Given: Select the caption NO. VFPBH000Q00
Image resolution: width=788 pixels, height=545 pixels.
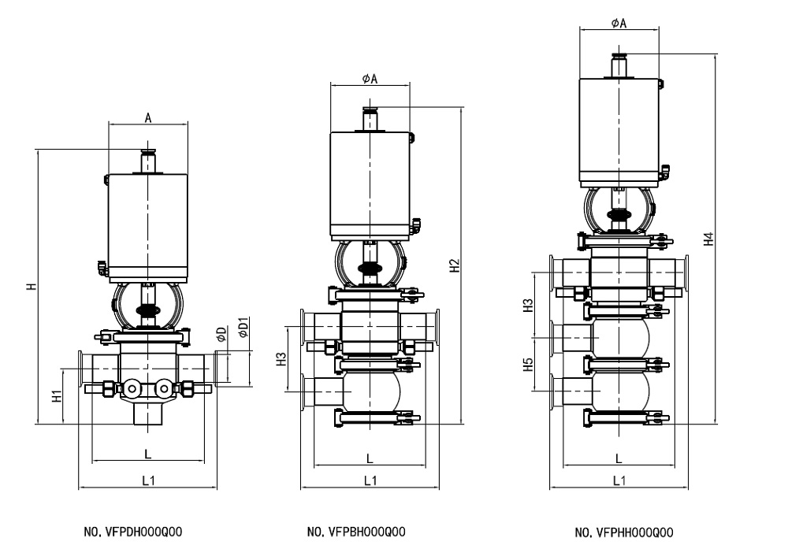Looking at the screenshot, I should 356,532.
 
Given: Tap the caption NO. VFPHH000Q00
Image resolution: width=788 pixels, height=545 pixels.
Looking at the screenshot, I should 624,532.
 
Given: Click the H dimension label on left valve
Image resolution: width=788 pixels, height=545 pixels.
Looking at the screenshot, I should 30,285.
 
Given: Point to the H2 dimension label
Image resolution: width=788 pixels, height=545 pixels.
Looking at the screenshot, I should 455,266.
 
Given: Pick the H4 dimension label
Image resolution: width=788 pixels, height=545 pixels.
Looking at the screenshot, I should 709,239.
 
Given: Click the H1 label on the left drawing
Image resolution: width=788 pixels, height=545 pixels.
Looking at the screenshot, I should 57,396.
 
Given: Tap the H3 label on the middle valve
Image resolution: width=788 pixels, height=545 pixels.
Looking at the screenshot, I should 281,360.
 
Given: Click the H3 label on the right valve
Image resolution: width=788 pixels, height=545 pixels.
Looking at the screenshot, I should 529,305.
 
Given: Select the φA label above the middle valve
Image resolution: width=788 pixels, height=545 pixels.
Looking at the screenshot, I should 370,78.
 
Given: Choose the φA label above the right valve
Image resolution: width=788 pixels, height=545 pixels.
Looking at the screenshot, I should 619,24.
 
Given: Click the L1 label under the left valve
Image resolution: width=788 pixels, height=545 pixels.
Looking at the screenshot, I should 147,479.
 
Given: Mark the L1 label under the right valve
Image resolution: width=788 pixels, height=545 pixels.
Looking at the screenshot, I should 619,479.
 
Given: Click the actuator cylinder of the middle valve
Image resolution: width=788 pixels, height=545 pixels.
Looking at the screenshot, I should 370,185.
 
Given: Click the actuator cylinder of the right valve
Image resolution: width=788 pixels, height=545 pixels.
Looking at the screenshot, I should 619,130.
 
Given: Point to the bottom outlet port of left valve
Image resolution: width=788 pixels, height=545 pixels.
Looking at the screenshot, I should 147,416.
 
